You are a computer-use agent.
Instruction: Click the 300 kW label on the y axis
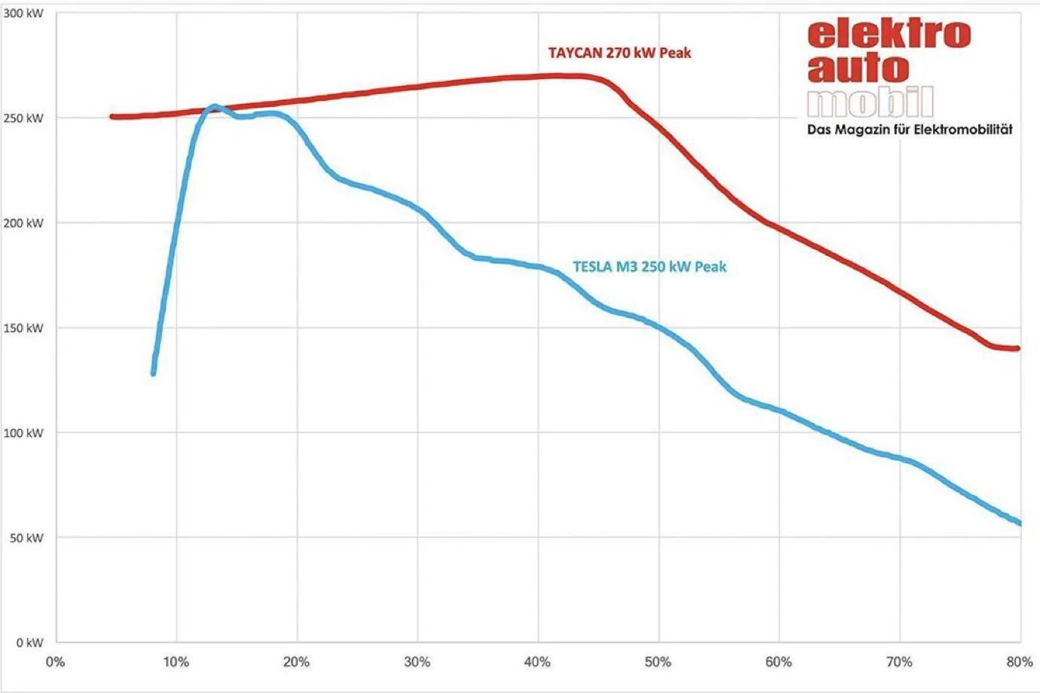coord(23,13)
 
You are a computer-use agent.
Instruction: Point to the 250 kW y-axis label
coord(23,118)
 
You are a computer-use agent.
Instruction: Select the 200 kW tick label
coord(23,223)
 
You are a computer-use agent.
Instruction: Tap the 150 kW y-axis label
coord(23,328)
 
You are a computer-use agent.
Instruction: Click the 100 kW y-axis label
coord(23,433)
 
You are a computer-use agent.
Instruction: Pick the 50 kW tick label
coord(26,538)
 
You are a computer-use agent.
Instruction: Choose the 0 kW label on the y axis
coord(29,643)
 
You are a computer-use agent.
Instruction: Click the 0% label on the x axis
coord(55,662)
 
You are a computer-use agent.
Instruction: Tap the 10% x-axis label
coord(176,662)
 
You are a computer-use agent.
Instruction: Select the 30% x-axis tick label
coord(417,662)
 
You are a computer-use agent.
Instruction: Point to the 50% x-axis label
coord(658,662)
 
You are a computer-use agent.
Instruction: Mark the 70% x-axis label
coord(899,662)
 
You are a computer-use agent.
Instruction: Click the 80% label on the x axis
coord(1020,662)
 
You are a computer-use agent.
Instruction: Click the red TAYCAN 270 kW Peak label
coord(619,53)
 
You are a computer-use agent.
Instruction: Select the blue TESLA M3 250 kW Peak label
coord(650,267)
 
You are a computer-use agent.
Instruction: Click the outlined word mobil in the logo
coord(870,102)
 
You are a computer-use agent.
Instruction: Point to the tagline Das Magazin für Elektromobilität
coord(910,129)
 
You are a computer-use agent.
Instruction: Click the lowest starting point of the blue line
coord(153,373)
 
